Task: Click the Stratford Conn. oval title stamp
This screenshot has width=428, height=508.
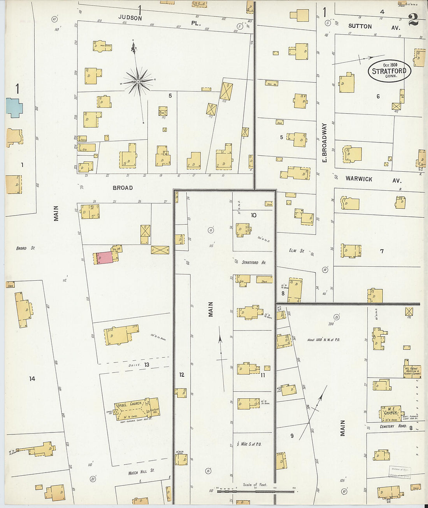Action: click(x=389, y=71)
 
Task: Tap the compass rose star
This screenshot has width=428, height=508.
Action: click(x=137, y=81)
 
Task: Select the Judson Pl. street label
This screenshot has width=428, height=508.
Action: click(x=160, y=20)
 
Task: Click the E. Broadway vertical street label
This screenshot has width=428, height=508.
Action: click(x=325, y=143)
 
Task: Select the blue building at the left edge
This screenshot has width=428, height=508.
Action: click(x=14, y=107)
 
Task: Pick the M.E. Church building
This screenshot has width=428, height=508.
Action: click(x=390, y=413)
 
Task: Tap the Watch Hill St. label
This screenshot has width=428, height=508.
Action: click(x=141, y=471)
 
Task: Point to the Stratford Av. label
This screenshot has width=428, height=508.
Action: click(x=254, y=263)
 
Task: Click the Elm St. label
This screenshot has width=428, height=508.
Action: click(x=296, y=251)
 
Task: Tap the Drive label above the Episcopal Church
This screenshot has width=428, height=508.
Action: click(x=134, y=366)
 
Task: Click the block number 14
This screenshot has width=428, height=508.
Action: click(x=32, y=378)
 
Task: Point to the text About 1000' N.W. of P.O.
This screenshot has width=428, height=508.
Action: click(x=323, y=340)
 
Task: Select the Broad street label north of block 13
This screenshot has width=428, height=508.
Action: click(x=123, y=188)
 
